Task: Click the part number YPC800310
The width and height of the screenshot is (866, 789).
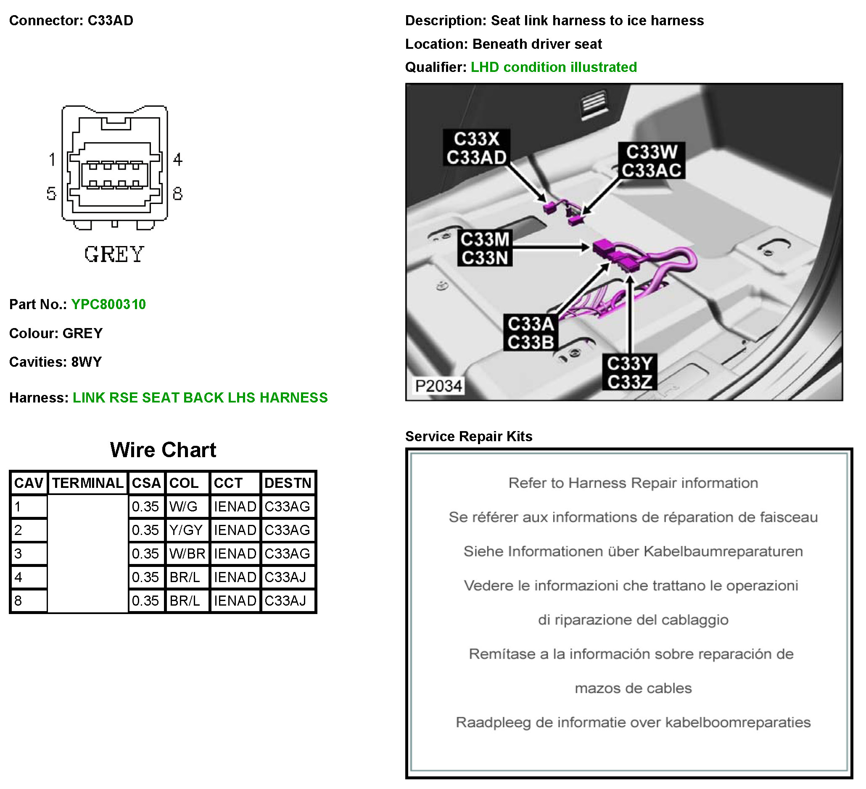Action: click(x=108, y=304)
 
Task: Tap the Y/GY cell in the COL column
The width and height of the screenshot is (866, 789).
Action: click(x=185, y=530)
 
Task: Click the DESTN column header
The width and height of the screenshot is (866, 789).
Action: click(x=288, y=482)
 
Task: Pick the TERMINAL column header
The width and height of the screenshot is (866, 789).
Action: click(x=87, y=482)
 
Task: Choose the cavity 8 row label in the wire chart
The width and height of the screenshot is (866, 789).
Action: click(x=18, y=600)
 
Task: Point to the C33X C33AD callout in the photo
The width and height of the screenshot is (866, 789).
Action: click(x=476, y=148)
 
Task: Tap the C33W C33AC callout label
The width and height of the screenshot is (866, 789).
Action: click(x=651, y=161)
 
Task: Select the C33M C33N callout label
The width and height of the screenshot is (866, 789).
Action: click(x=485, y=249)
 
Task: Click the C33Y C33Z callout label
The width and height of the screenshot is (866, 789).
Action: click(x=629, y=372)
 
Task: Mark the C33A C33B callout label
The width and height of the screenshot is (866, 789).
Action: click(x=531, y=333)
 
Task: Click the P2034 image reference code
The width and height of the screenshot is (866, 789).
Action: click(x=438, y=386)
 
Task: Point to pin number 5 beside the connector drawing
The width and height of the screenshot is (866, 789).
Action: click(x=52, y=193)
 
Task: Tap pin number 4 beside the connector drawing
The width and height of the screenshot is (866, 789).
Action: click(x=178, y=159)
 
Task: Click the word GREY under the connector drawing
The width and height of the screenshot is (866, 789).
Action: click(x=114, y=254)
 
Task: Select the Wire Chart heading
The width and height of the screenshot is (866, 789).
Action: click(x=163, y=450)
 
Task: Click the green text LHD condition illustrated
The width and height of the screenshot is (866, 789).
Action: click(x=553, y=67)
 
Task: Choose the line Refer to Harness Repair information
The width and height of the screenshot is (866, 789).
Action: click(x=633, y=482)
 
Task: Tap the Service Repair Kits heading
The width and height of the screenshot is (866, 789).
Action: click(x=468, y=436)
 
